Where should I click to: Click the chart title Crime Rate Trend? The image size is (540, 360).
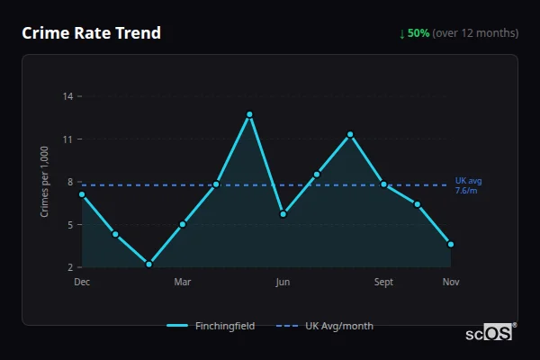click(91, 33)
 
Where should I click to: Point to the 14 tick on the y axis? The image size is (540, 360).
click(68, 96)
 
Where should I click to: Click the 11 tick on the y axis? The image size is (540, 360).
click(68, 139)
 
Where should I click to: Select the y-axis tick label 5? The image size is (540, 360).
click(70, 225)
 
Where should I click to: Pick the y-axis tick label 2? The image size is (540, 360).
click(70, 267)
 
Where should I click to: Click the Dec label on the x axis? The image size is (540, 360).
click(82, 283)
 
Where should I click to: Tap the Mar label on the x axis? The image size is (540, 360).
click(183, 283)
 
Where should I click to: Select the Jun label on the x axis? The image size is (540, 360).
click(283, 283)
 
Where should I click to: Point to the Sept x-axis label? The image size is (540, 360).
click(383, 283)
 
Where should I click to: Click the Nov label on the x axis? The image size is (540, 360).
click(451, 283)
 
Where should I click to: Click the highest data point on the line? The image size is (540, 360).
click(249, 114)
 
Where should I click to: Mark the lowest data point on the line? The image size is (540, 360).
click(149, 265)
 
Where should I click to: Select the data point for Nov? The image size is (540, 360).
click(451, 244)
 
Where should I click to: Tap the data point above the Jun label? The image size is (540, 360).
click(283, 214)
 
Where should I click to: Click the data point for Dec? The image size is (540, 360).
click(82, 194)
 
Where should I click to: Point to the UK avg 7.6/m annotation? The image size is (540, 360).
click(467, 185)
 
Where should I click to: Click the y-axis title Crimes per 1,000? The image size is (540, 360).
click(44, 183)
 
